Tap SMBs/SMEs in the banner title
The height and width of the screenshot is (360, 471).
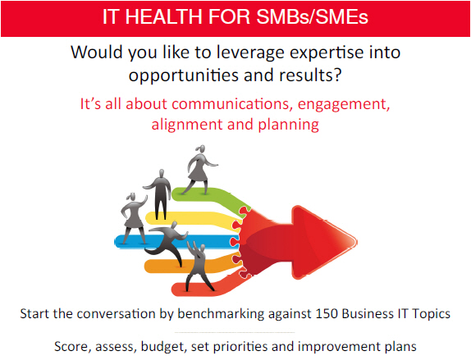313,16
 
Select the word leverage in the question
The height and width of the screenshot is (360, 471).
250,53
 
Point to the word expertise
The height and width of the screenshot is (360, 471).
325,53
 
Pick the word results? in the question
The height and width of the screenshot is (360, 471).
310,75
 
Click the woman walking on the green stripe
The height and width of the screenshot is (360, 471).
199,170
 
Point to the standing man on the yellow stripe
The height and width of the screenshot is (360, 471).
159,194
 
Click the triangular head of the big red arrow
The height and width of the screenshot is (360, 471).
323,242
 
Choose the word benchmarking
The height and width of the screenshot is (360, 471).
221,314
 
